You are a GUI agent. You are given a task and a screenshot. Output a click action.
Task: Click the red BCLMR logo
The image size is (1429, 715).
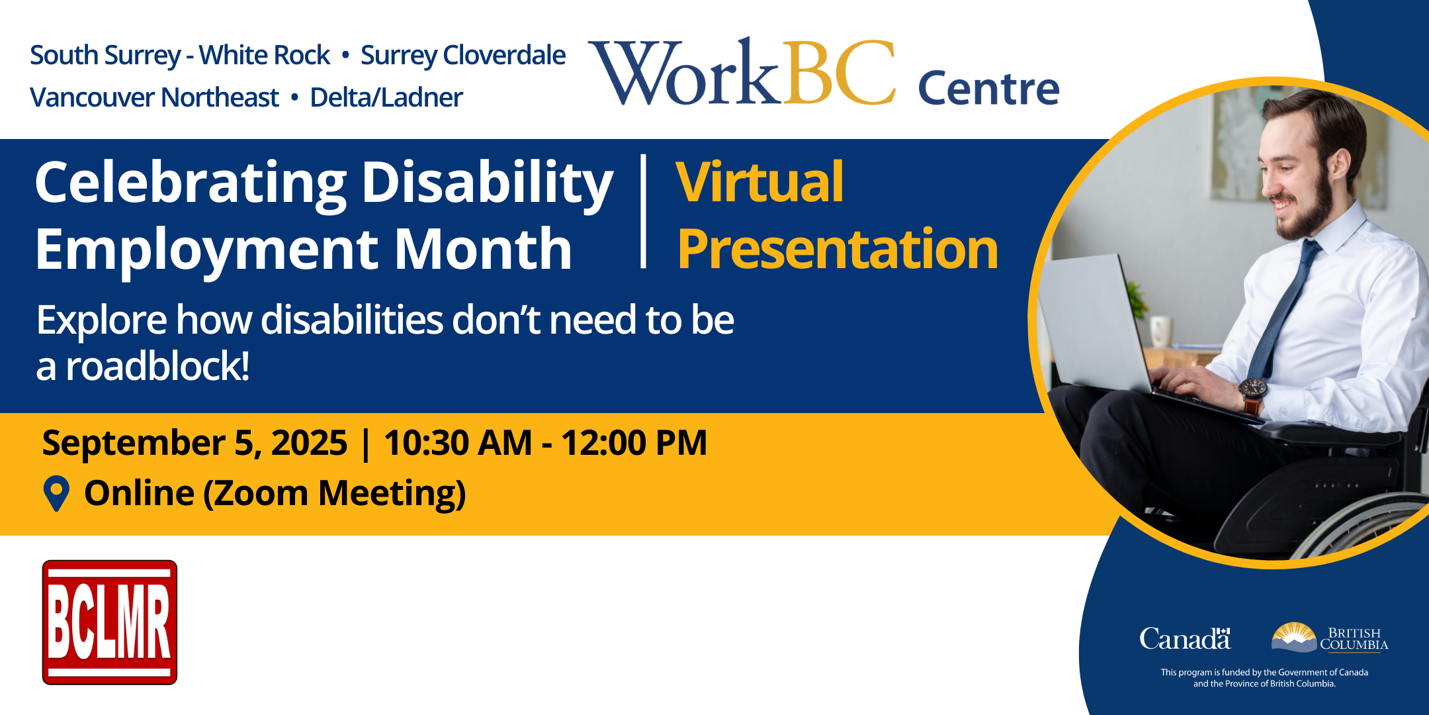tap(110, 622)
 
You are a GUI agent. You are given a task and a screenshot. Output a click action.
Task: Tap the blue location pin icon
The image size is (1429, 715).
tap(56, 494)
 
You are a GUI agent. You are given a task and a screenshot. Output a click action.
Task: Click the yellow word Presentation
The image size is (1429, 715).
tap(838, 250)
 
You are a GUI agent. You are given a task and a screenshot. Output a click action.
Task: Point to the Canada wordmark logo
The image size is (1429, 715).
tap(1185, 638)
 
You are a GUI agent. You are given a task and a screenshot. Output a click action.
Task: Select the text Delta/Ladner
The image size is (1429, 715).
tap(386, 97)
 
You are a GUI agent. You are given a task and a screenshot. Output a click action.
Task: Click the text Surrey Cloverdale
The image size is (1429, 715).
tap(463, 56)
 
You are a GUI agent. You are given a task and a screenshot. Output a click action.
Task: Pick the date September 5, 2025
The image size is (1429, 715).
tap(195, 442)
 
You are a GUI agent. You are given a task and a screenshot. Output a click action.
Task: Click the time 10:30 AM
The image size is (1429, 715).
tap(458, 442)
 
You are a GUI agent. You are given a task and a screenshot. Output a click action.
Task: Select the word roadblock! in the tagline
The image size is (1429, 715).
tap(157, 366)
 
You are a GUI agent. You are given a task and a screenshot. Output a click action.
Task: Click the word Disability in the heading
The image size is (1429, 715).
tap(488, 183)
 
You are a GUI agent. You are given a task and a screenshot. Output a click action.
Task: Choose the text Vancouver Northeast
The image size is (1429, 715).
tap(155, 97)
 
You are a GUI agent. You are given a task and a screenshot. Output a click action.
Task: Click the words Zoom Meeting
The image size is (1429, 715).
tap(335, 494)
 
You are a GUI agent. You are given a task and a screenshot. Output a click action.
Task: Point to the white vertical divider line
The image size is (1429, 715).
tap(643, 211)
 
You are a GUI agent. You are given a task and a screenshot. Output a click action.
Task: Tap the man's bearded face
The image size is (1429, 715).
tap(1297, 179)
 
